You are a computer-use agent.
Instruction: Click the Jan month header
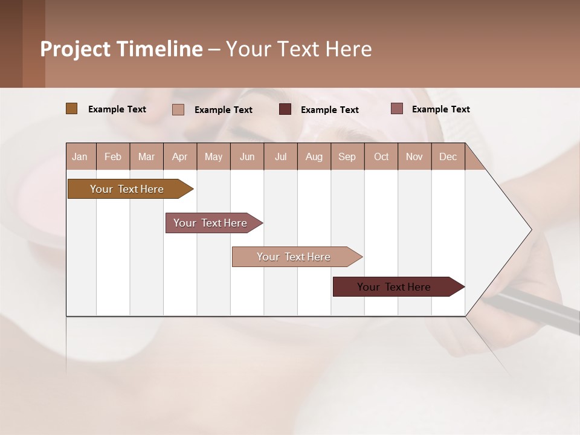coord(80,157)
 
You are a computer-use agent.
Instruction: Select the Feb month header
coord(113,157)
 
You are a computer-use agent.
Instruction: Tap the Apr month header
coord(180,157)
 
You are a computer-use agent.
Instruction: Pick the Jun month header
coord(247,157)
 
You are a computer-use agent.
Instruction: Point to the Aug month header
coord(314,157)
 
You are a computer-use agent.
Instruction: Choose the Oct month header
coord(381,157)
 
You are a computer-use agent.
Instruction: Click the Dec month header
coord(448,157)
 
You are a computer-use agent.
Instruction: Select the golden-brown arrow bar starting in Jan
coord(127,189)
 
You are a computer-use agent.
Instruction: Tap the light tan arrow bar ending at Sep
coord(294,257)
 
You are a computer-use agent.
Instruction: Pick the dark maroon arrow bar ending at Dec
coord(395,287)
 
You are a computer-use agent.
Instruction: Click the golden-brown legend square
coord(71,109)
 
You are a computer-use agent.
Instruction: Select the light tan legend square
coord(178,109)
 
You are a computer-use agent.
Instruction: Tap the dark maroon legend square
coord(285,109)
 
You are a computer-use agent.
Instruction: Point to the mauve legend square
coord(396,109)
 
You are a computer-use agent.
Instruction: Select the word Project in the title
coord(75,49)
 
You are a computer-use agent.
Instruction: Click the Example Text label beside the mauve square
coord(440,109)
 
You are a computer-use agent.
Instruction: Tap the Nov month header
coord(414,157)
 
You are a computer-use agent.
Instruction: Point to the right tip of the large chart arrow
coord(530,230)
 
